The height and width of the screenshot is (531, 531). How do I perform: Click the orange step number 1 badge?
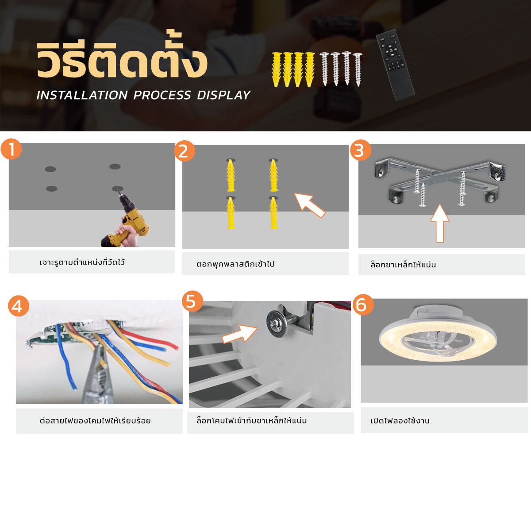[x=11, y=149]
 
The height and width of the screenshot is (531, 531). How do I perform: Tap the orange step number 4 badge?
[x=19, y=306]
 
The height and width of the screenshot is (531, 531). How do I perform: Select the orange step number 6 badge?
[x=363, y=305]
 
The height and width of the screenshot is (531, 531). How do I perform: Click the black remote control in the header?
[x=395, y=65]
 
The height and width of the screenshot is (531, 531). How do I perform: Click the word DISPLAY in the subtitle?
[x=223, y=95]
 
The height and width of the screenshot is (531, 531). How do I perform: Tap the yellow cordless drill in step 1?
[x=126, y=219]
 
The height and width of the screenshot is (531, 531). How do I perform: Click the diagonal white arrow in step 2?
[x=309, y=205]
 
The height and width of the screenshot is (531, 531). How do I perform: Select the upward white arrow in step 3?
[x=440, y=223]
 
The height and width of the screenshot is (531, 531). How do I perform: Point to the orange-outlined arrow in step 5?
[x=239, y=334]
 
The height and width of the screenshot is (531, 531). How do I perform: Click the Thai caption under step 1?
[x=82, y=262]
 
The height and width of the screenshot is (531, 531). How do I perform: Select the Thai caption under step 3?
[x=403, y=265]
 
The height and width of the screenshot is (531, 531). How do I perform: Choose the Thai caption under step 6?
[x=400, y=420]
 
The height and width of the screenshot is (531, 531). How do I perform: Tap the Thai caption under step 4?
[x=95, y=420]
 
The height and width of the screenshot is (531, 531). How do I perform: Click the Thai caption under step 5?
[x=252, y=420]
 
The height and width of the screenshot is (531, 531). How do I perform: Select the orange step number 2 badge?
[x=185, y=151]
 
